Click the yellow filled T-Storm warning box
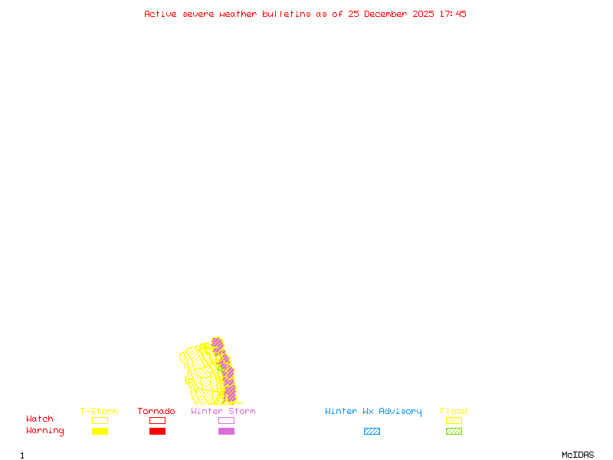tap(100, 432)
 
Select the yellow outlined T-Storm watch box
tap(100, 420)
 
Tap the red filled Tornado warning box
tap(157, 432)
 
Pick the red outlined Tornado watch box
tap(157, 420)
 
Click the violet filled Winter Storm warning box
tap(226, 432)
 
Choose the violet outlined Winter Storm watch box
tap(226, 420)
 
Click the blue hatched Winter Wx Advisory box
tap(372, 432)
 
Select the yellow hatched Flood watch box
tap(454, 420)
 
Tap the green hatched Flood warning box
tap(454, 432)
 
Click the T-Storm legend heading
tap(99, 412)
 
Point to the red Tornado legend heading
tap(156, 412)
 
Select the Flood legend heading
tap(454, 412)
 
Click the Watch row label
tap(40, 419)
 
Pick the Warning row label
tap(45, 431)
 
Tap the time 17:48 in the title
tap(453, 14)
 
